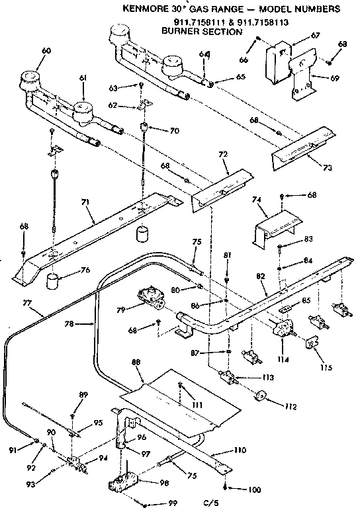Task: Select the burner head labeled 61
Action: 83,111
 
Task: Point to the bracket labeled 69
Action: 301,76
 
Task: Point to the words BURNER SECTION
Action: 202,31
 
